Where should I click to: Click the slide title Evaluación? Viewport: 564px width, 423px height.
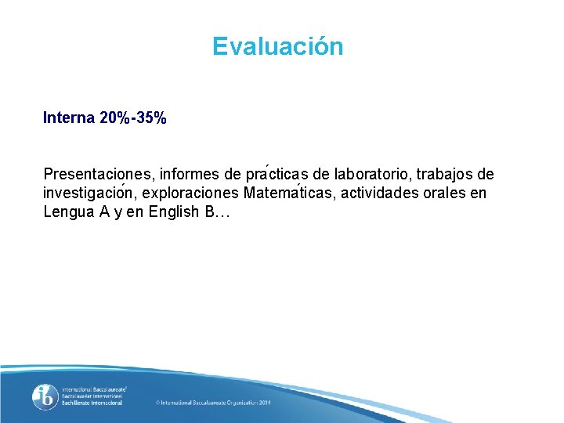pyautogui.click(x=277, y=47)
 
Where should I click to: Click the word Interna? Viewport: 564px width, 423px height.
pyautogui.click(x=69, y=118)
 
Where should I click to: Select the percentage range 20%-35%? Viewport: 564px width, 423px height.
pyautogui.click(x=133, y=118)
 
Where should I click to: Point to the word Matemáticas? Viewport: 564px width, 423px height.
pyautogui.click(x=294, y=193)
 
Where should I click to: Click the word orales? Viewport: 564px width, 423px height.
pyautogui.click(x=448, y=193)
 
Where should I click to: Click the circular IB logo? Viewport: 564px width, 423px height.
pyautogui.click(x=45, y=397)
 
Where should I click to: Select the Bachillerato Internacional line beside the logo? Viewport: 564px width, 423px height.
pyautogui.click(x=92, y=403)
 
